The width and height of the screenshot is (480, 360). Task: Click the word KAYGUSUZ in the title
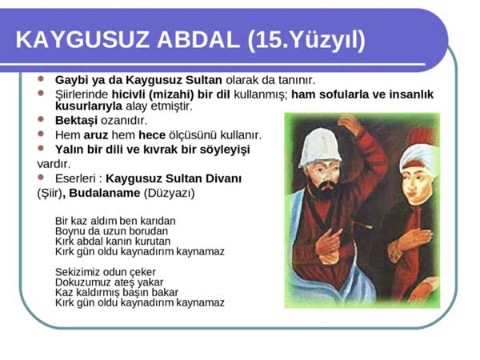pyautogui.click(x=82, y=39)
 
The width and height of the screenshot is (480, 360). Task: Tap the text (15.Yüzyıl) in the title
pyautogui.click(x=306, y=40)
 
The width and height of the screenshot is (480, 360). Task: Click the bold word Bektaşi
pyautogui.click(x=76, y=121)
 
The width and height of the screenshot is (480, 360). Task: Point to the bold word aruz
pyautogui.click(x=95, y=135)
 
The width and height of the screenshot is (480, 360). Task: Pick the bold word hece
pyautogui.click(x=152, y=135)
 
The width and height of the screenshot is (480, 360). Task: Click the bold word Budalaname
pyautogui.click(x=104, y=193)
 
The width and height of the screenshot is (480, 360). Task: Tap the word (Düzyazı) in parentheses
pyautogui.click(x=170, y=194)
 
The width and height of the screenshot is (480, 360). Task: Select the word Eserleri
pyautogui.click(x=75, y=178)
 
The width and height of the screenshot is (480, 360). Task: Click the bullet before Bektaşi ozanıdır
pyautogui.click(x=41, y=119)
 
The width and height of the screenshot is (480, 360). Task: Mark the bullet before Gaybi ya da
pyautogui.click(x=41, y=78)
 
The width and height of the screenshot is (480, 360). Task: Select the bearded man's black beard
pyautogui.click(x=325, y=190)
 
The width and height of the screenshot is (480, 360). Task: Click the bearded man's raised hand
pyautogui.click(x=350, y=125)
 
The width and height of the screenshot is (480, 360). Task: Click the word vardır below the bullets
pyautogui.click(x=54, y=164)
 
